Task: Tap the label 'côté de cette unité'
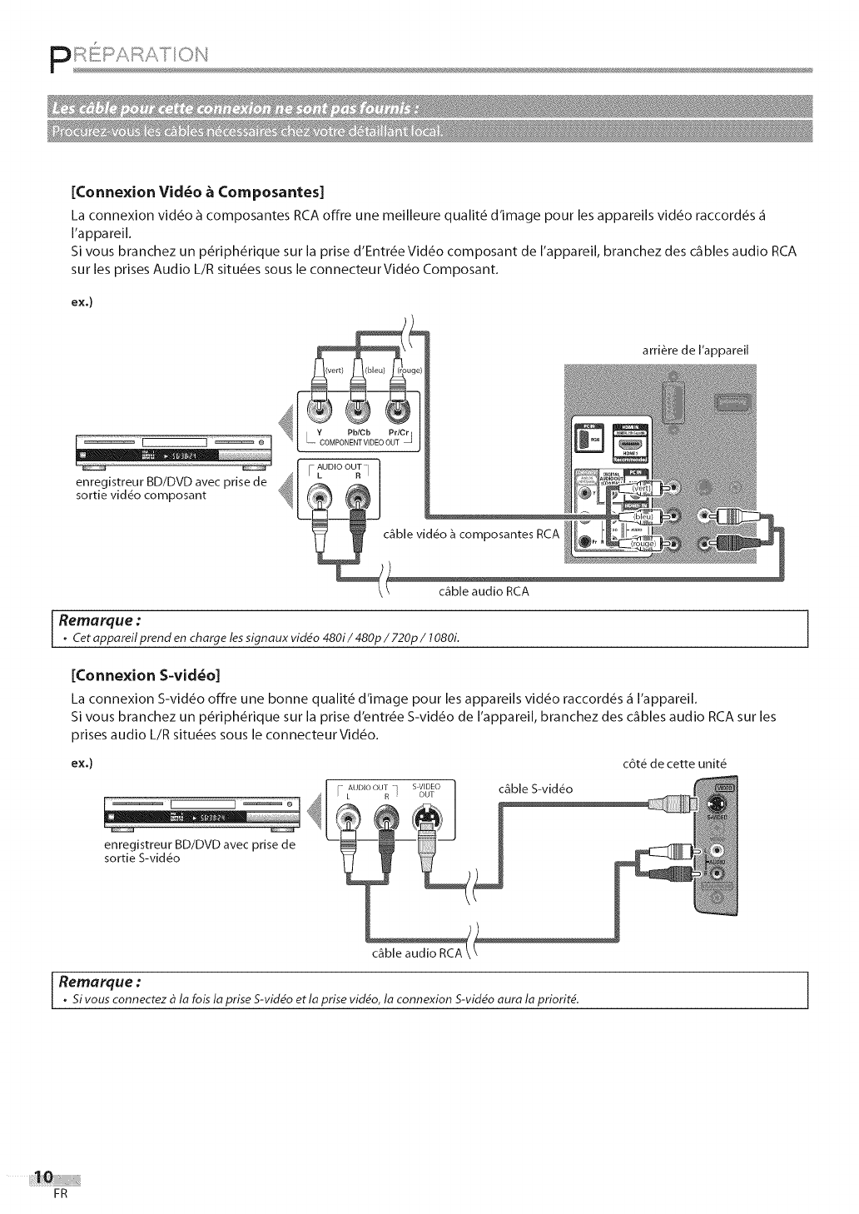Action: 675,763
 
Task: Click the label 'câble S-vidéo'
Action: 535,789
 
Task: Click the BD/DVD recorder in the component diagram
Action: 169,450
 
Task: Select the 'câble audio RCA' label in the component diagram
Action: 484,592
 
